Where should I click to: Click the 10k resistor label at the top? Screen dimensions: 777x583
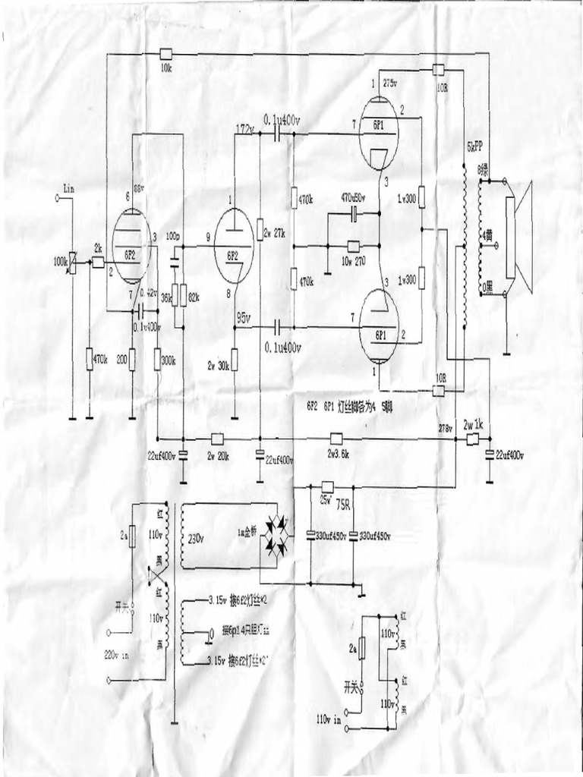coord(166,68)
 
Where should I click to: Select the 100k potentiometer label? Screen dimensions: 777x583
coord(60,261)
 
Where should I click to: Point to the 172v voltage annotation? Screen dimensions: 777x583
coord(244,127)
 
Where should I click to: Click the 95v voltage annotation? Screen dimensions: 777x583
coord(244,316)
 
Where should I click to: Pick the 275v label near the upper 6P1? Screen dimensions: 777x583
coord(392,83)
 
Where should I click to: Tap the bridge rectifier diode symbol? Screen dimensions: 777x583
coord(276,535)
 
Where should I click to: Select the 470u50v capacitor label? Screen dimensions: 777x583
coord(355,197)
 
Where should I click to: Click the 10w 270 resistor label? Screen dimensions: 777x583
coord(353,260)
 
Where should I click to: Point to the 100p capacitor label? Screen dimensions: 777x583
coord(173,238)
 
